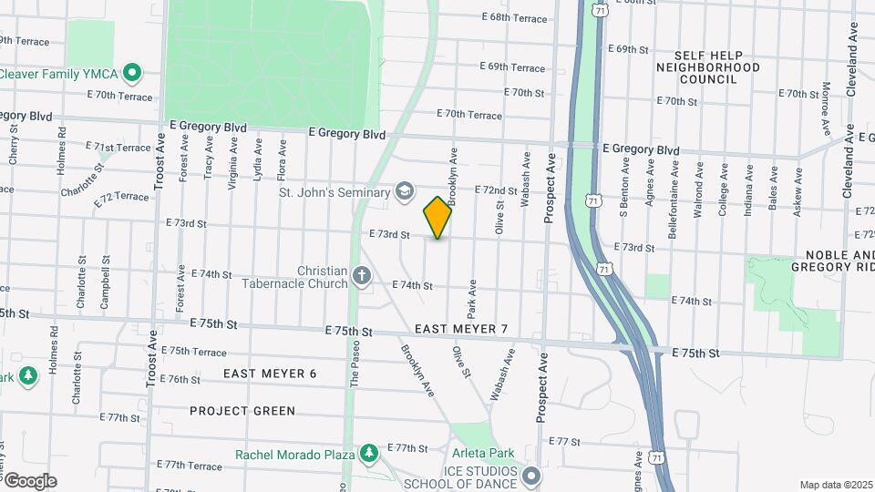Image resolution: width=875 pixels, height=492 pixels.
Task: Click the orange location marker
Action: click(x=437, y=217)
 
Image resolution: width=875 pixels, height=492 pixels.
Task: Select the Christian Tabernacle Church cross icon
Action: click(x=362, y=277)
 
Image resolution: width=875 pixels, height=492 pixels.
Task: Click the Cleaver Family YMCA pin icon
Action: click(x=132, y=71)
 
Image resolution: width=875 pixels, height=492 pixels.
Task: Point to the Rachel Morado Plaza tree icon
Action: click(x=368, y=453)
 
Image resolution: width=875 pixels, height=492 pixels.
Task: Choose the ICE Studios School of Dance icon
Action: click(x=531, y=477)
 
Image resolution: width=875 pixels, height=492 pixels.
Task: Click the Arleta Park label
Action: click(x=483, y=453)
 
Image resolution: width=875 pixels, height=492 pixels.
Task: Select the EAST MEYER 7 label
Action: click(x=460, y=328)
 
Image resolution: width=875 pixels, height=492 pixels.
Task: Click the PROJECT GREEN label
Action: click(x=242, y=411)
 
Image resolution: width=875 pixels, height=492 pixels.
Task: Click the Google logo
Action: click(x=29, y=480)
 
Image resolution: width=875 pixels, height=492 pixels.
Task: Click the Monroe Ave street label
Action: click(x=825, y=105)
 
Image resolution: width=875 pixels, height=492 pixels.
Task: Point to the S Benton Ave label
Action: click(x=625, y=188)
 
